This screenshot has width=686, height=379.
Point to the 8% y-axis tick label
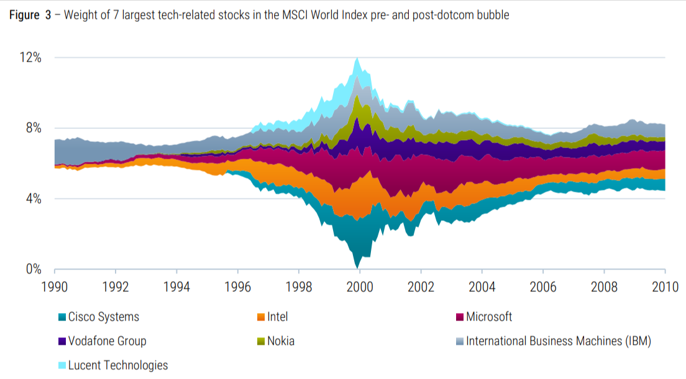point(32,128)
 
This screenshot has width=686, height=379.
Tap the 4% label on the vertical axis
point(32,199)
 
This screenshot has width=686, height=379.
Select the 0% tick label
point(32,269)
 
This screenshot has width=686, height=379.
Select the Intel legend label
point(277,317)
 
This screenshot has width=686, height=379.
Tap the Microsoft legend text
point(489,317)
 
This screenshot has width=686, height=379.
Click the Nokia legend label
point(280,341)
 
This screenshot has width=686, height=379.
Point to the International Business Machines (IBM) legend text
point(558,341)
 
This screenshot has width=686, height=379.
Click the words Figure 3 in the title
point(30,16)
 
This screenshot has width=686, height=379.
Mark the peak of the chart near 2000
point(357,58)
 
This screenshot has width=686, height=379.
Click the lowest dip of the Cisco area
point(357,268)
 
